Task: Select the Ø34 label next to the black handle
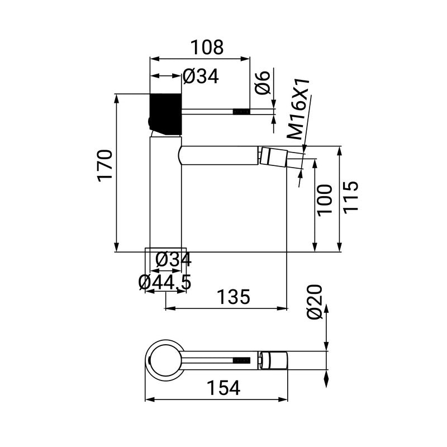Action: point(201,77)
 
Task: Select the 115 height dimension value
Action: point(350,197)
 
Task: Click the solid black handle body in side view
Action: point(165,113)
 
